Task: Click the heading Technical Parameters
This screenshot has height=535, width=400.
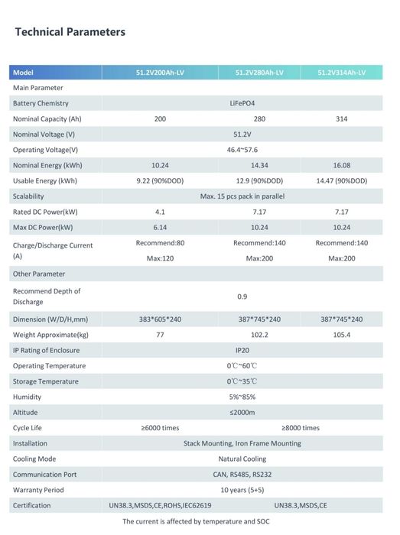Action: [x=70, y=32]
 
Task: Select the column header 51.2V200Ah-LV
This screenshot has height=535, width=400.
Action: [x=159, y=73]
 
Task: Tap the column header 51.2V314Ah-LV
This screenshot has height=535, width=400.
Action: [x=342, y=73]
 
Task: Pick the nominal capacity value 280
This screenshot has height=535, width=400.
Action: [x=259, y=119]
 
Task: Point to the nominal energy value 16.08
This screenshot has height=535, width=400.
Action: [x=341, y=165]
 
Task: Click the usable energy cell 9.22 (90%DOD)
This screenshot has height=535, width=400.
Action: [x=159, y=181]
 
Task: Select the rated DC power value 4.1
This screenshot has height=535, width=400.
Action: [x=159, y=212]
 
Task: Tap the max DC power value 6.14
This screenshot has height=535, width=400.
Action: [x=159, y=227]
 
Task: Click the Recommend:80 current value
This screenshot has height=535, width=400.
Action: [x=159, y=243]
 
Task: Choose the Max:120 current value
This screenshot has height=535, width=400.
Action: [x=159, y=258]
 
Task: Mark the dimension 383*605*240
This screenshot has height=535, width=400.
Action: [x=159, y=319]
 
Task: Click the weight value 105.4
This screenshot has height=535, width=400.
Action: [x=341, y=335]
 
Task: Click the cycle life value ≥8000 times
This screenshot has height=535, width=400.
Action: [x=300, y=428]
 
